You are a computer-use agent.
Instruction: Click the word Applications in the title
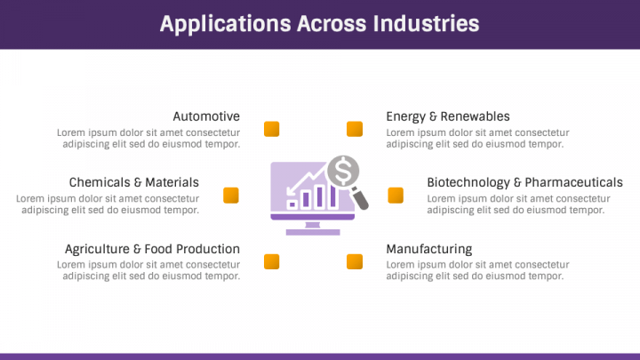click(x=225, y=24)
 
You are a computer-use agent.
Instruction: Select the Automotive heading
click(x=206, y=116)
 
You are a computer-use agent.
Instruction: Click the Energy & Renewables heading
click(x=448, y=116)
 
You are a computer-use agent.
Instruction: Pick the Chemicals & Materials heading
click(x=134, y=182)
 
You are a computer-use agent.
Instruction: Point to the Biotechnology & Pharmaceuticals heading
click(x=525, y=182)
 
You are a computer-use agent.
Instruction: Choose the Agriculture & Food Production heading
click(x=152, y=249)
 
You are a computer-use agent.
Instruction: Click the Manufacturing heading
click(x=429, y=249)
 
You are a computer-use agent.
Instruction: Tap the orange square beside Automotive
click(x=271, y=129)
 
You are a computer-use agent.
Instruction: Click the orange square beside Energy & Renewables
click(x=355, y=129)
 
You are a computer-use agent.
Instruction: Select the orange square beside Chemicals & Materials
click(x=231, y=195)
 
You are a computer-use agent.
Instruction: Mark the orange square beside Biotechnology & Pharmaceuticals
click(x=396, y=195)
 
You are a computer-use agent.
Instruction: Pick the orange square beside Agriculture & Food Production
click(x=271, y=261)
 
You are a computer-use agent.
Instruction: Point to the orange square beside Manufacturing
click(x=355, y=261)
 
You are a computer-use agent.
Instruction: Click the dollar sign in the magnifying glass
click(x=343, y=171)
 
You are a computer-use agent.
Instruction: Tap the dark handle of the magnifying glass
click(x=360, y=198)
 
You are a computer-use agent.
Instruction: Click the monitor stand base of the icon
click(x=313, y=232)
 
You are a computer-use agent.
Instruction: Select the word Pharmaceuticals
click(x=574, y=182)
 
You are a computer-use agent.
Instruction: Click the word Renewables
click(x=475, y=116)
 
